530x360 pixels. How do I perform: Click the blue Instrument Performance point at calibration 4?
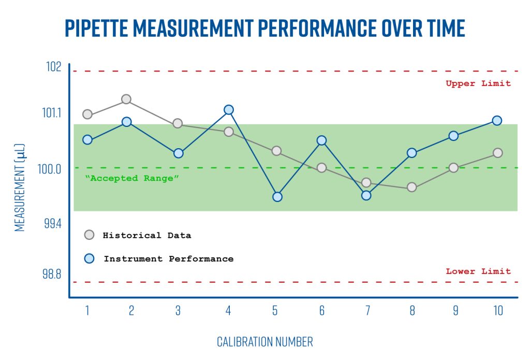pyautogui.click(x=229, y=110)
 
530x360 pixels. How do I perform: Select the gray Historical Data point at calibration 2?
pyautogui.click(x=126, y=99)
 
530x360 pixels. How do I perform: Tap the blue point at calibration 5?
pyautogui.click(x=277, y=197)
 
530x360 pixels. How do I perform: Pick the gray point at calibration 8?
pyautogui.click(x=412, y=187)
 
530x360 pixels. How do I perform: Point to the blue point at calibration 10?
pyautogui.click(x=497, y=120)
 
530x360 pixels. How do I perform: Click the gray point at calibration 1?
pyautogui.click(x=87, y=114)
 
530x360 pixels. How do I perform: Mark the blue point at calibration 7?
pyautogui.click(x=366, y=195)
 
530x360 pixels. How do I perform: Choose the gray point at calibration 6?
pyautogui.click(x=321, y=168)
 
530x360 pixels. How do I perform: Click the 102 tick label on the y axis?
pyautogui.click(x=53, y=67)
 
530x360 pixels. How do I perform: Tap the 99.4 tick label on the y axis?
pyautogui.click(x=51, y=223)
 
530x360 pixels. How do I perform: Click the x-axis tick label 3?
pyautogui.click(x=178, y=311)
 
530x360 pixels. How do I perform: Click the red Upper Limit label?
pyautogui.click(x=478, y=83)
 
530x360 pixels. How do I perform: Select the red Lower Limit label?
pyautogui.click(x=478, y=271)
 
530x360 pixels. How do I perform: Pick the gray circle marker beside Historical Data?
pyautogui.click(x=89, y=235)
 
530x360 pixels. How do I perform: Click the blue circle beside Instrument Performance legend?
pyautogui.click(x=89, y=258)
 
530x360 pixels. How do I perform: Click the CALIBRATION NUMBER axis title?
pyautogui.click(x=264, y=342)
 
